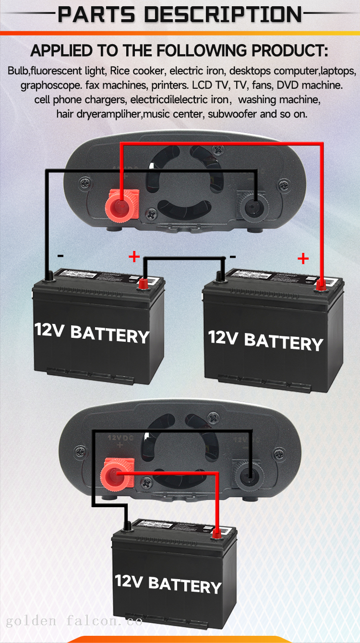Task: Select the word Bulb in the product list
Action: click(x=18, y=71)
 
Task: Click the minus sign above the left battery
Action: click(x=60, y=256)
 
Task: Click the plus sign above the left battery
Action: click(x=134, y=257)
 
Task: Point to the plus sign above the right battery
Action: click(x=303, y=259)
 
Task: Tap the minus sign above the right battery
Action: click(x=232, y=257)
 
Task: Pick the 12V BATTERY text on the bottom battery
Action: click(x=168, y=583)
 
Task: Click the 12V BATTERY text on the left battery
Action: click(x=91, y=333)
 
